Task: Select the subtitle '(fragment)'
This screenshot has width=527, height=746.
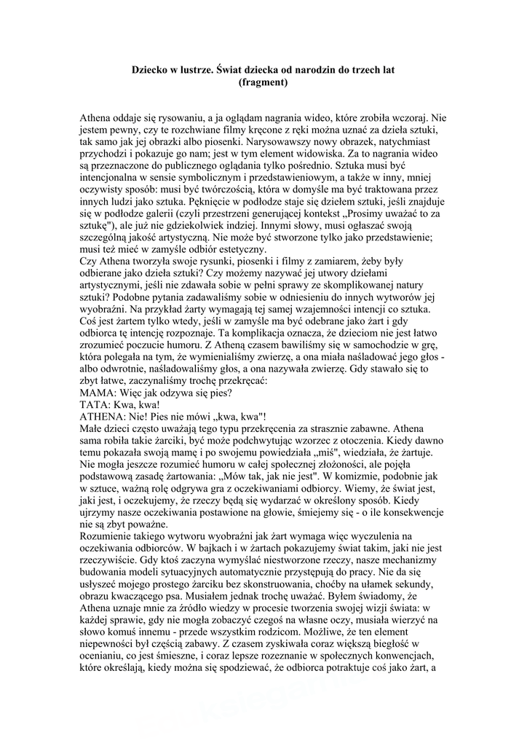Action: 263,82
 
